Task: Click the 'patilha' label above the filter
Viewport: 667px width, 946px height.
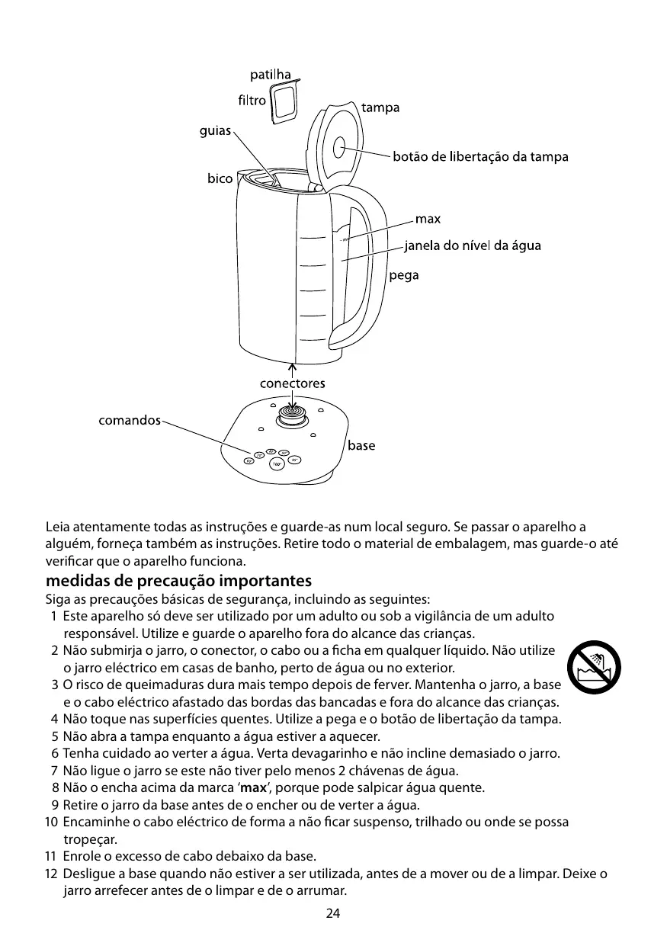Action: coord(271,75)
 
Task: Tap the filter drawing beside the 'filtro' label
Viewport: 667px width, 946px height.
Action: coord(284,102)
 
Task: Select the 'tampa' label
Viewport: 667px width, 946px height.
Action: coord(380,108)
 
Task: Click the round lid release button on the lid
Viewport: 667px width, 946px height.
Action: coord(340,147)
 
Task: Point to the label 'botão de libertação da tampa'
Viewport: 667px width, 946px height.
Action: coord(480,158)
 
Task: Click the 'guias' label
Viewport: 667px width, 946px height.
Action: coord(215,131)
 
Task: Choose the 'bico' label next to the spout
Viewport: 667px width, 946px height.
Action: coord(220,179)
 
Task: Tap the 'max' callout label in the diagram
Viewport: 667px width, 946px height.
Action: coord(428,220)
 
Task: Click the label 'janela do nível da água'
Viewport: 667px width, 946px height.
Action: coord(473,245)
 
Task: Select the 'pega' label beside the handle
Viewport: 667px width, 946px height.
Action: coord(404,275)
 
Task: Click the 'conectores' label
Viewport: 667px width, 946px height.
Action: coord(292,383)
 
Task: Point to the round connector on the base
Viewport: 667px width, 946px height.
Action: coord(292,414)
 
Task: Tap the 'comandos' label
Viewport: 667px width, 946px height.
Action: coord(130,420)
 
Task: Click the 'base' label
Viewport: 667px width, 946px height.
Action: coord(361,445)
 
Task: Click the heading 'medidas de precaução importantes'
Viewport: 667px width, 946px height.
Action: coord(178,581)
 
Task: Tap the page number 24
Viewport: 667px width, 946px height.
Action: coord(333,913)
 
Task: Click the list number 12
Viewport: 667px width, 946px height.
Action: coord(51,874)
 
